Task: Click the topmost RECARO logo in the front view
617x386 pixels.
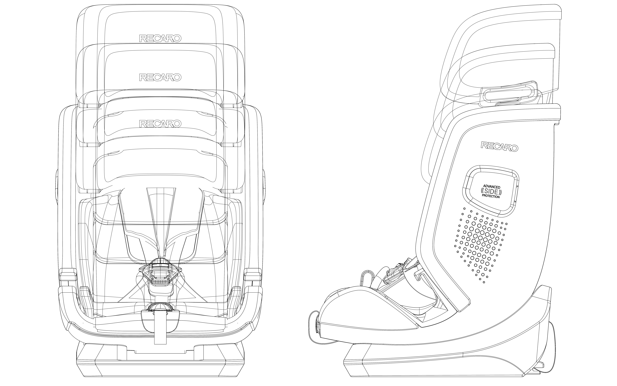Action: [x=160, y=38]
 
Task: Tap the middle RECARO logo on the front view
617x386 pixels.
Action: [x=160, y=77]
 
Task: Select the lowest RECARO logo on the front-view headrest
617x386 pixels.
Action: [x=160, y=124]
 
